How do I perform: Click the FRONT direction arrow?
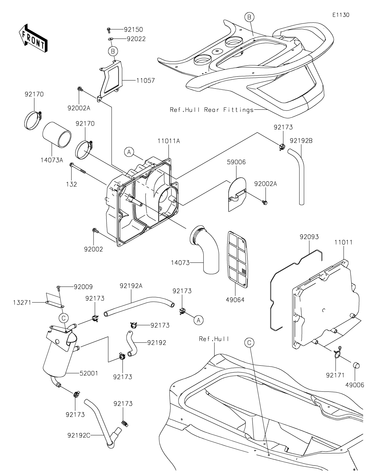pyautogui.click(x=32, y=38)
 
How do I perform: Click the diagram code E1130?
pyautogui.click(x=341, y=15)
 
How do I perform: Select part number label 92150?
pyautogui.click(x=133, y=30)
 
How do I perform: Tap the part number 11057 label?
pyautogui.click(x=145, y=80)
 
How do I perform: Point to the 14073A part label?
pyautogui.click(x=52, y=160)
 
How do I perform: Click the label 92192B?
pyautogui.click(x=301, y=141)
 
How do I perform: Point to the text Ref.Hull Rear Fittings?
pyautogui.click(x=212, y=110)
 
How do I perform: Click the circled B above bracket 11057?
pyautogui.click(x=113, y=51)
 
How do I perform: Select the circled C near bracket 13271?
pyautogui.click(x=64, y=318)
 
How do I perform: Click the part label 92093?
pyautogui.click(x=309, y=237)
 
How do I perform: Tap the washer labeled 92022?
pyautogui.click(x=110, y=39)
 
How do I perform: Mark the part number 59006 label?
pyautogui.click(x=236, y=162)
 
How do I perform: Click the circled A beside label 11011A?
pyautogui.click(x=129, y=152)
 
